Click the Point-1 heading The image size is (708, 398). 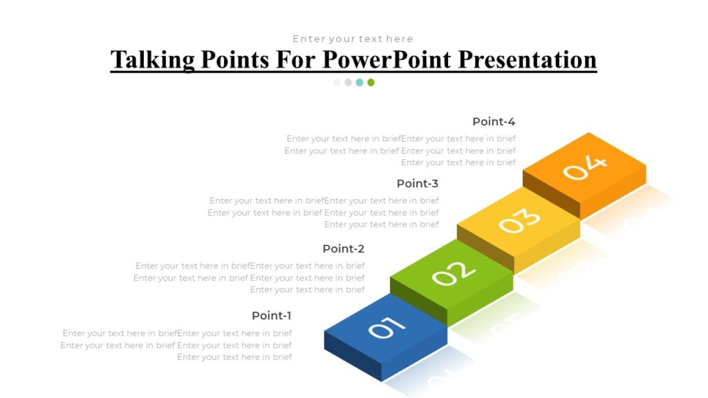coord(272,316)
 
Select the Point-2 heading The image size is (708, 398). coord(343,249)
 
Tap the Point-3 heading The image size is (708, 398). coord(418,184)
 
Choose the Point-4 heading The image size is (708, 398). coord(494,122)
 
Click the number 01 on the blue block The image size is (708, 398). coord(386,327)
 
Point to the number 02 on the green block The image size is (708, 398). coord(454,274)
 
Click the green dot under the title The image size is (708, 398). coord(371,82)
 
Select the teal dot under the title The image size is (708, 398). coord(360,82)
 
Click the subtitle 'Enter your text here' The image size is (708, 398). coord(353,39)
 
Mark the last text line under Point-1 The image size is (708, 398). coord(234,357)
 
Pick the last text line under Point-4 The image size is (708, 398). coord(458,162)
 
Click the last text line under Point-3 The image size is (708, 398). coord(382,225)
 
